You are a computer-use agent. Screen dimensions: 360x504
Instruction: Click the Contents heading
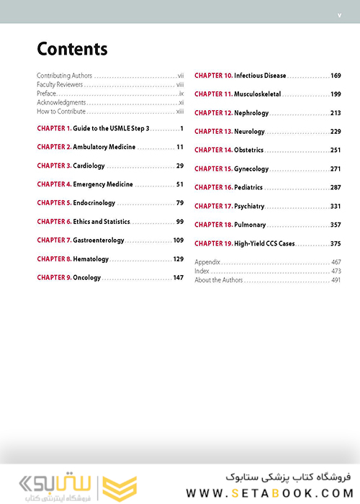[x=72, y=49]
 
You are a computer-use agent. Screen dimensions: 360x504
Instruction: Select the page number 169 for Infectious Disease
[x=336, y=76]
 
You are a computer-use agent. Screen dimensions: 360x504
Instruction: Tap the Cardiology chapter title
[x=89, y=166]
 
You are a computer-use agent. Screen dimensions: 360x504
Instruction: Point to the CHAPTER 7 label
[x=54, y=240]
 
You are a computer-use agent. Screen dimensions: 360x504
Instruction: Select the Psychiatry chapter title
[x=249, y=207]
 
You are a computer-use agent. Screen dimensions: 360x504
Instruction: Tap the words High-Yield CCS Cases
[x=271, y=243]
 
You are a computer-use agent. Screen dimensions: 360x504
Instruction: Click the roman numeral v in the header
[x=339, y=15]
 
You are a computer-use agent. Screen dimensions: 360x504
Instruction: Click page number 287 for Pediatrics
[x=336, y=187]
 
